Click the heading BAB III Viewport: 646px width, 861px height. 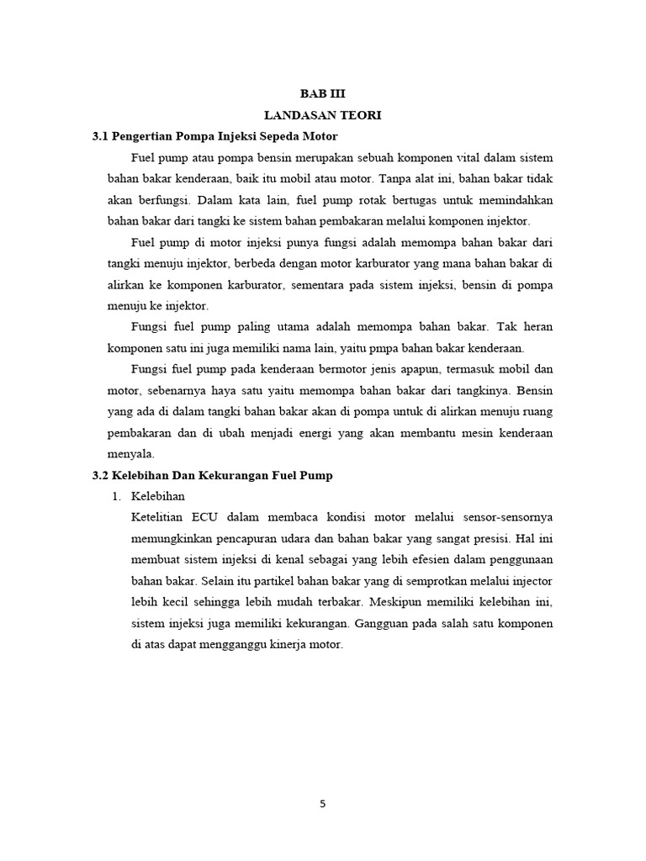[x=323, y=94]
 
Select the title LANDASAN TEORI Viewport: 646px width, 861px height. [x=323, y=115]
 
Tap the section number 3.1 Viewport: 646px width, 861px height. [x=100, y=136]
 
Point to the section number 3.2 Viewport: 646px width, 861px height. [x=100, y=475]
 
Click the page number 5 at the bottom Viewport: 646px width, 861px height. [x=323, y=803]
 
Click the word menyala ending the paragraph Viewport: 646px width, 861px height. [x=127, y=454]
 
